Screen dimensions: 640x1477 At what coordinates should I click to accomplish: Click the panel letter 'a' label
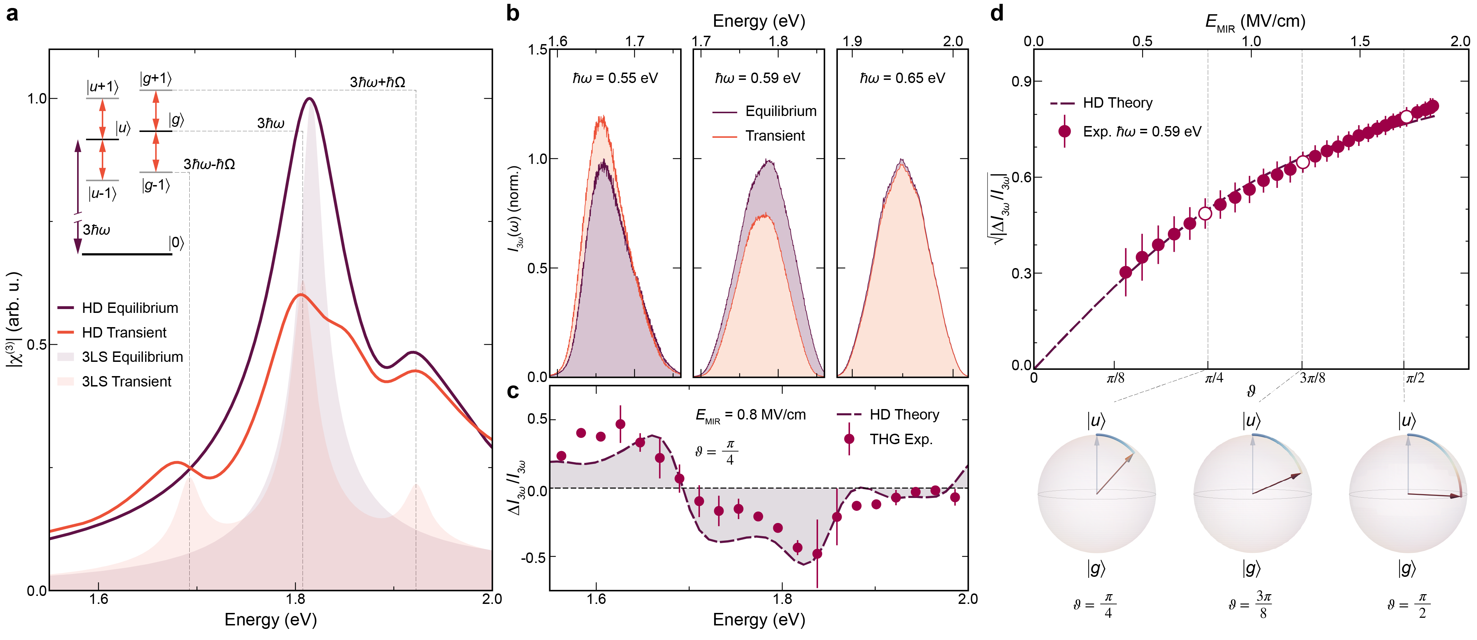pyautogui.click(x=12, y=13)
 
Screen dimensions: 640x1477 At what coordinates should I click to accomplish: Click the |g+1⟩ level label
pyautogui.click(x=155, y=78)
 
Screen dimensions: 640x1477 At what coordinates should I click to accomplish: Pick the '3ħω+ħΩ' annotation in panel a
pyautogui.click(x=377, y=82)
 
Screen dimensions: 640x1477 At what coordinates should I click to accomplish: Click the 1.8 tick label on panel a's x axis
pyautogui.click(x=295, y=599)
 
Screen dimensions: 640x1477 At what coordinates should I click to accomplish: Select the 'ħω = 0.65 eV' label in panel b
pyautogui.click(x=902, y=78)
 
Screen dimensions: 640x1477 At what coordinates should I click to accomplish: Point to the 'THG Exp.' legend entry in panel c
pyautogui.click(x=901, y=440)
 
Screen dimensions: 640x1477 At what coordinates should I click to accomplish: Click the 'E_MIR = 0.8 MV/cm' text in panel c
pyautogui.click(x=750, y=415)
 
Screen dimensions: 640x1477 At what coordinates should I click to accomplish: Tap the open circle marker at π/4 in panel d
pyautogui.click(x=1205, y=214)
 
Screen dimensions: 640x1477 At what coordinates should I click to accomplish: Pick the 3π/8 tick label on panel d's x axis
pyautogui.click(x=1312, y=378)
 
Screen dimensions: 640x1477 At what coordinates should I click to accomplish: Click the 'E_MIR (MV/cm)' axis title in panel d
pyautogui.click(x=1255, y=22)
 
